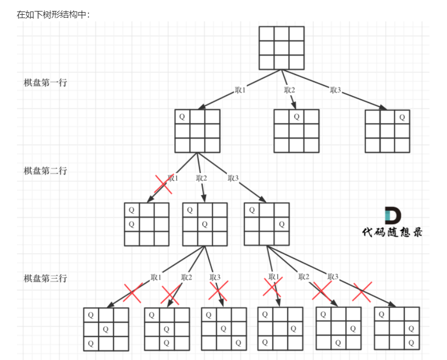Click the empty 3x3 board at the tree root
point(282,48)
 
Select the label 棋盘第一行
point(45,83)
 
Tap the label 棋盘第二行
point(45,170)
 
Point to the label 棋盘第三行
point(45,278)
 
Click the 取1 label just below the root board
point(240,90)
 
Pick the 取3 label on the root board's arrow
point(335,90)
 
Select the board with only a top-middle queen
point(296,131)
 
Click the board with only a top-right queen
point(387,131)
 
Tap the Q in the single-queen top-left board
point(182,117)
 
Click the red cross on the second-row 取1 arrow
point(163,184)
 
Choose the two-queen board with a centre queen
point(205,224)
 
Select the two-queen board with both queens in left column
point(147,224)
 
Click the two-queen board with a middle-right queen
point(267,224)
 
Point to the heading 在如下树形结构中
point(53,15)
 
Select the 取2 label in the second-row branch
point(202,178)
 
